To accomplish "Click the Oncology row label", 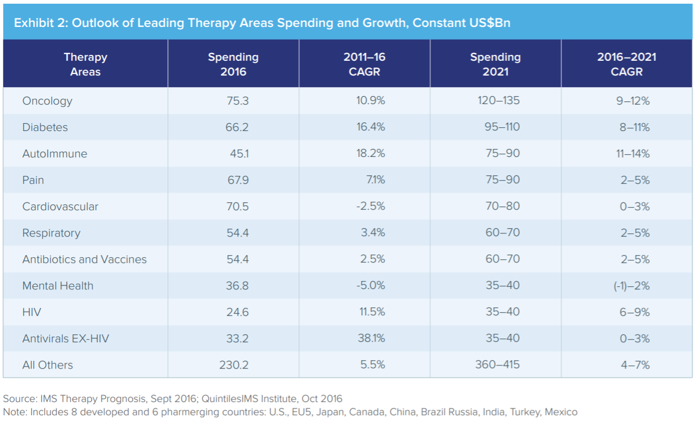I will click(x=47, y=101).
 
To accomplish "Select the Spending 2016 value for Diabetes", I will click(x=237, y=127).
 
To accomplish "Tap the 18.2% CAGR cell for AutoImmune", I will click(x=371, y=154).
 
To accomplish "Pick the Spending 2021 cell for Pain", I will click(x=502, y=180).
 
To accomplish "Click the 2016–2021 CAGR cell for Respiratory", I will click(x=635, y=233).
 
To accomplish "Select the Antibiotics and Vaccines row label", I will click(x=85, y=259).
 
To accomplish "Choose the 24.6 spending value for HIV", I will click(x=237, y=312).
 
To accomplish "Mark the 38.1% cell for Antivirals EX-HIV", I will click(x=371, y=339).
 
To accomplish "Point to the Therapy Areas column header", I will click(x=86, y=64).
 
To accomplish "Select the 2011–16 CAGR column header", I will click(x=364, y=64).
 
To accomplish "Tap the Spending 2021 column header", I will click(x=495, y=64).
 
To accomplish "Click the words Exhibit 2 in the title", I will click(x=36, y=23).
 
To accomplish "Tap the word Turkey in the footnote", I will click(x=524, y=411).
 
